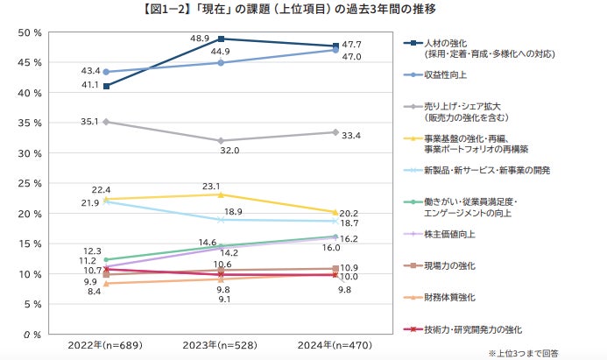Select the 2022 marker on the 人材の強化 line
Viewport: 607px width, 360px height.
coord(106,86)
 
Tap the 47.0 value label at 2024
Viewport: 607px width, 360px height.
coord(350,57)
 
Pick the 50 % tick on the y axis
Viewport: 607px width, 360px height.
coord(30,33)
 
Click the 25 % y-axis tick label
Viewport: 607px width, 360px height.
coord(30,184)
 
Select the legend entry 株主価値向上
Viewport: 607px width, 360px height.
coord(448,235)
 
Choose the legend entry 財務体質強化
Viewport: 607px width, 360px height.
coord(448,298)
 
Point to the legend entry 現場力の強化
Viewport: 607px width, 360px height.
coord(448,266)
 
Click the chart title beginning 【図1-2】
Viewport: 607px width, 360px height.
coord(303,11)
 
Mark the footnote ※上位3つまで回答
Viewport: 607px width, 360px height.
coord(557,353)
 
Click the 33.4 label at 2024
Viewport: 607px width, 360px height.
coord(351,135)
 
